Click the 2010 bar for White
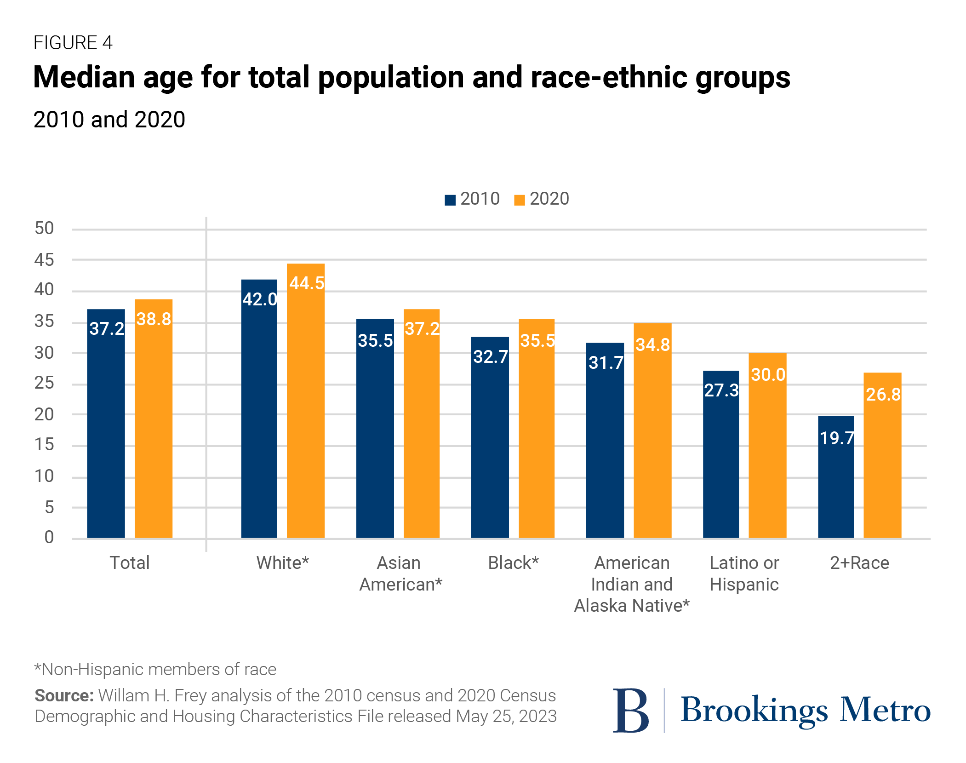pos(259,409)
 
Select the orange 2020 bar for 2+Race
pos(882,455)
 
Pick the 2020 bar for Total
pos(154,419)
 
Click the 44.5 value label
pos(307,283)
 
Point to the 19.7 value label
pos(837,438)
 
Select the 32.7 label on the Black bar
pos(491,357)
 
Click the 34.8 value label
pos(652,345)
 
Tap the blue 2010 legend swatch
pos(450,200)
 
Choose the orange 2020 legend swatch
pos(519,200)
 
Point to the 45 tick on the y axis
pos(44,260)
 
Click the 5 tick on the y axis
pos(49,508)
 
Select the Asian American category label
pos(400,574)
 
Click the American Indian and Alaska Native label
pos(632,584)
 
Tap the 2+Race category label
pos(859,563)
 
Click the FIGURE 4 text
pos(73,43)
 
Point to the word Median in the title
pos(84,77)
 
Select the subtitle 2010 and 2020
pos(109,120)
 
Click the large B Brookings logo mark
pos(631,711)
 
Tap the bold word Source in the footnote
pos(64,695)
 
